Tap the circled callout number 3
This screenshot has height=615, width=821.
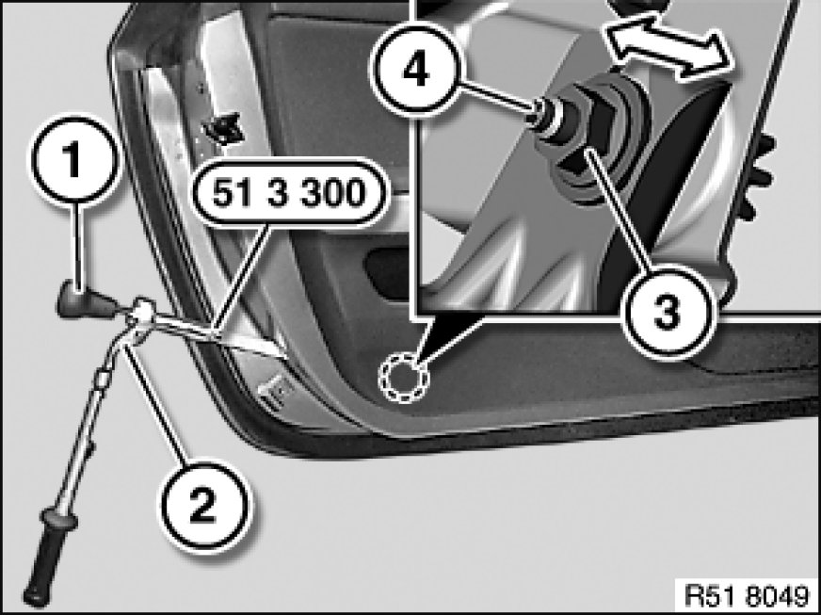click(x=667, y=313)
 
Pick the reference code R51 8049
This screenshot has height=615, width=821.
click(x=747, y=595)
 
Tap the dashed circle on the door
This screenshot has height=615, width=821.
click(x=403, y=377)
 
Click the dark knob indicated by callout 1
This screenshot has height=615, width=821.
click(x=84, y=301)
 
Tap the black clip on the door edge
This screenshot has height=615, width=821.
click(x=224, y=128)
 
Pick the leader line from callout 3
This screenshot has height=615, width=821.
click(x=617, y=209)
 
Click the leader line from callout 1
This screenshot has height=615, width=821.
click(x=77, y=245)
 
